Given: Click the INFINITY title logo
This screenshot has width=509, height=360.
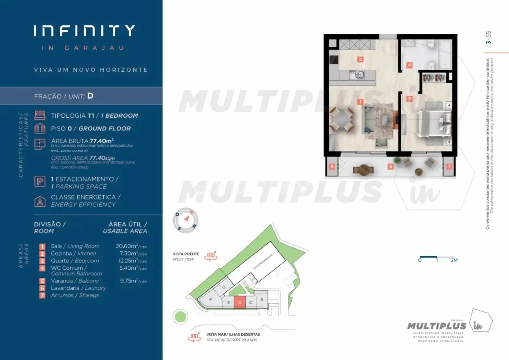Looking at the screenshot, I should click(84, 31).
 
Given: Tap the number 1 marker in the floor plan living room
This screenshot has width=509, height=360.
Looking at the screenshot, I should click(360, 101).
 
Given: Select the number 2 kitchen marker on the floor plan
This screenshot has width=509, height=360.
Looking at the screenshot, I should click(360, 59).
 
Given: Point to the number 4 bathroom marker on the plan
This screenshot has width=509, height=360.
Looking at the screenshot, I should click(409, 65).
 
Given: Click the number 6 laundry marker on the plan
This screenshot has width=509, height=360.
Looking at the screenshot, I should click(332, 166).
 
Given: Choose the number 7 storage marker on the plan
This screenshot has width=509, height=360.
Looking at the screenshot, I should click(449, 166).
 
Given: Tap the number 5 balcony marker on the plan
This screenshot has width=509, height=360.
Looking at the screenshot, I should click(391, 166).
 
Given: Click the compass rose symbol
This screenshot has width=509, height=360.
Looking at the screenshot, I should click(185, 220).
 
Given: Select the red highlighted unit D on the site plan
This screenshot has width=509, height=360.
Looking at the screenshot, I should click(239, 302).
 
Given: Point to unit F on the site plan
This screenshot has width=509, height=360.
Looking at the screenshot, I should click(211, 300).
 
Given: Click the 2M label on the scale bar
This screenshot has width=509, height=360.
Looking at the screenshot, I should click(453, 260).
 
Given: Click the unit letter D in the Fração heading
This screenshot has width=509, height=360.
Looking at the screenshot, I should click(90, 95).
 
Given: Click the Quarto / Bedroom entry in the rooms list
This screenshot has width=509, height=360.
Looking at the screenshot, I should click(75, 261).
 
